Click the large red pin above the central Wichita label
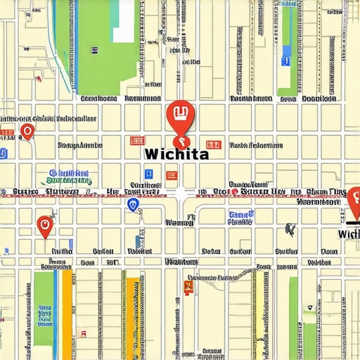point(179,116)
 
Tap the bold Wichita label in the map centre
point(175,154)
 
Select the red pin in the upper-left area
point(27,131)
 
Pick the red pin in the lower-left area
point(44,226)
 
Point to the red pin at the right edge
point(354,200)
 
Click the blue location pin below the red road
point(133,205)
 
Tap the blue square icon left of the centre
point(148,174)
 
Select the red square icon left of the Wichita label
point(136,141)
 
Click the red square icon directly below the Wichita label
point(172,176)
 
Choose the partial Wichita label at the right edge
point(349,233)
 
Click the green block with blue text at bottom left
point(44,308)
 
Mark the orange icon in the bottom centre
point(187,286)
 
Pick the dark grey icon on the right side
point(289,229)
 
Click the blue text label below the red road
point(240,217)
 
